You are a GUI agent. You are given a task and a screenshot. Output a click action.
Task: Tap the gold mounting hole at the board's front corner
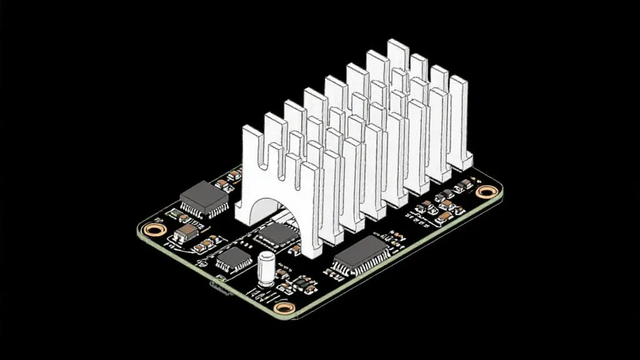pos(284,307)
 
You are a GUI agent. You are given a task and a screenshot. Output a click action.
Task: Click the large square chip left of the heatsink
pos(204,198)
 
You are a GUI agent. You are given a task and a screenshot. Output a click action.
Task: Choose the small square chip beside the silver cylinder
pos(234,259)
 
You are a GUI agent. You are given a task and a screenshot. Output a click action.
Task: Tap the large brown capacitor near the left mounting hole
pos(187,234)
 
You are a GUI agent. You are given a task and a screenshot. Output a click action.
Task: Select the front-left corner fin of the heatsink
pos(251,169)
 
